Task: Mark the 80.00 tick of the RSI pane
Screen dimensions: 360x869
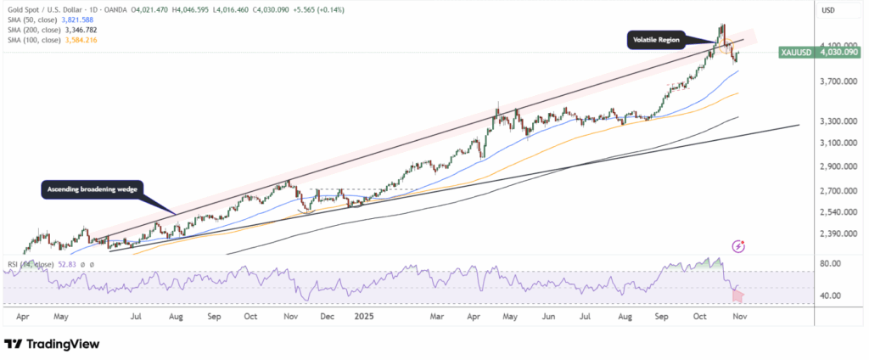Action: [x=835, y=264]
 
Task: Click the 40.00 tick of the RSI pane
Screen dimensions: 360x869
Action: [x=835, y=295]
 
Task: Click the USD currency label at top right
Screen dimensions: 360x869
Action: [x=830, y=11]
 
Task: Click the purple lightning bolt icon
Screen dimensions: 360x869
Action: [x=738, y=246]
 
